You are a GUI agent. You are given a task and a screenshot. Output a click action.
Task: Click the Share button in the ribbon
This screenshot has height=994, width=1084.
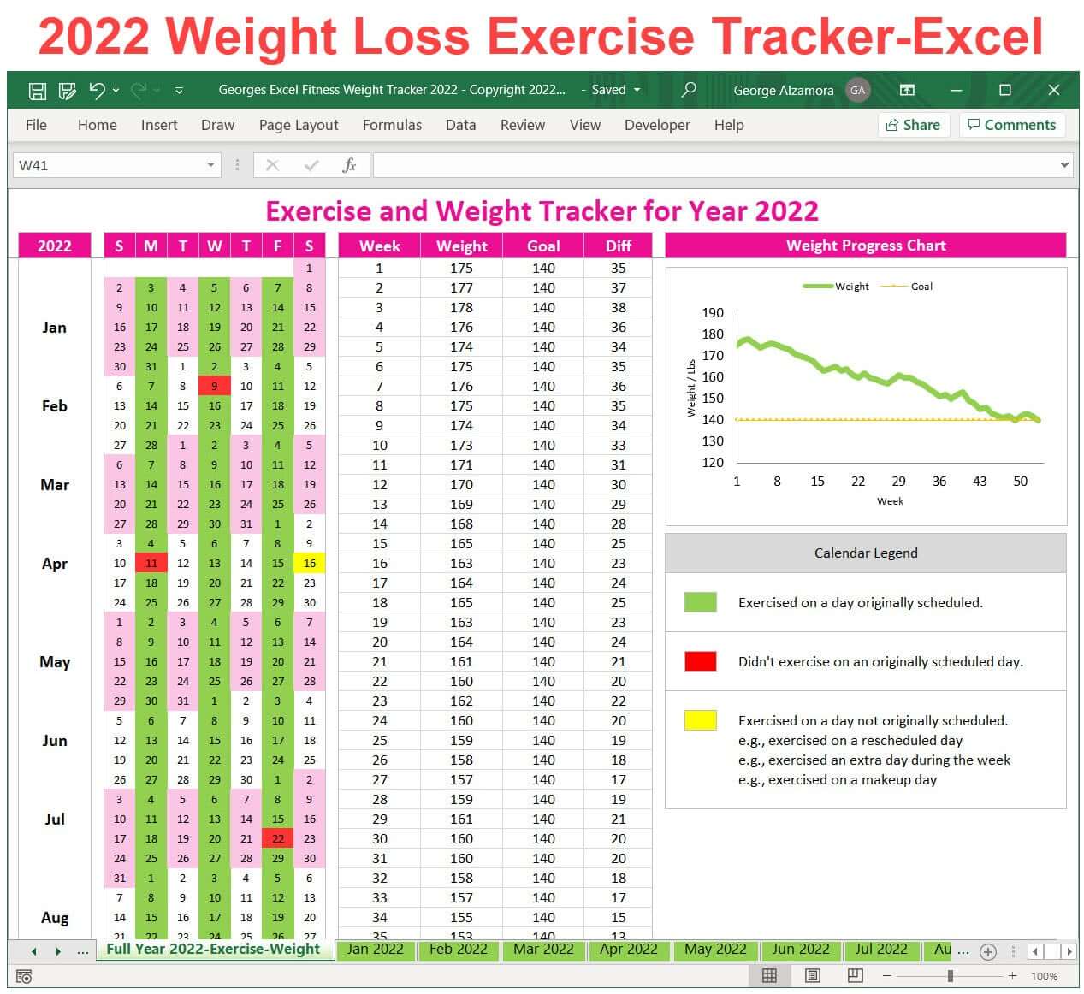click(x=913, y=125)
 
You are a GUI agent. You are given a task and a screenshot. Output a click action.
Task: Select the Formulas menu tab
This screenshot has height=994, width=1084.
click(x=392, y=125)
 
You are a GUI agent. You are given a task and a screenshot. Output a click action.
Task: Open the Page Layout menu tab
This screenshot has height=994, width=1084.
click(x=299, y=125)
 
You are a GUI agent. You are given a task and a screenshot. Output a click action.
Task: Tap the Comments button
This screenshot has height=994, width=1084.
click(x=1011, y=125)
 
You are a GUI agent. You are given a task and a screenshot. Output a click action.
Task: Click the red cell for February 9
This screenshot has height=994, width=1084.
click(x=214, y=386)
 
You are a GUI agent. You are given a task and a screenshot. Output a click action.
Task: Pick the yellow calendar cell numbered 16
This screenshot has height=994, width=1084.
click(x=309, y=563)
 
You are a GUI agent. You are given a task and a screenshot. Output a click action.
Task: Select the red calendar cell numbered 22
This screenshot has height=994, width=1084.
click(x=277, y=838)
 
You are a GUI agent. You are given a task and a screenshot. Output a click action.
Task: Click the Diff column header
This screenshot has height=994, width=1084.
click(x=618, y=246)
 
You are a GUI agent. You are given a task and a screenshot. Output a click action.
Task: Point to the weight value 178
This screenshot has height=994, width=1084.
click(x=461, y=307)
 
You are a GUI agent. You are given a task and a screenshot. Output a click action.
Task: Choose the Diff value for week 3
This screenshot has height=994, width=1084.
click(x=618, y=307)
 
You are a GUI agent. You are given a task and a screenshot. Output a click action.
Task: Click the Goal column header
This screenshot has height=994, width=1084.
click(x=543, y=246)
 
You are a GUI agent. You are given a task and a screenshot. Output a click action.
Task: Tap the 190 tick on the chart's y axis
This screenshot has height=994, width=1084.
click(x=713, y=313)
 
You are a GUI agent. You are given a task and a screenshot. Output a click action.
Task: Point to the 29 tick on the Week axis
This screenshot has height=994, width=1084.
click(x=898, y=482)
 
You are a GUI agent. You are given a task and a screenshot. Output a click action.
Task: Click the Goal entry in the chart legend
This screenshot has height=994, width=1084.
click(x=921, y=287)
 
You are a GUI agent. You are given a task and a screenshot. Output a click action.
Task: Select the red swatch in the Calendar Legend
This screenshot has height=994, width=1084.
click(x=700, y=661)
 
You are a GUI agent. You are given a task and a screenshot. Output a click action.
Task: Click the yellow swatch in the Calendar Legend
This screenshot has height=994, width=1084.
click(x=700, y=720)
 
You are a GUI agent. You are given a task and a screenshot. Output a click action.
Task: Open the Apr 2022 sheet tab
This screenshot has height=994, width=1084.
click(x=628, y=950)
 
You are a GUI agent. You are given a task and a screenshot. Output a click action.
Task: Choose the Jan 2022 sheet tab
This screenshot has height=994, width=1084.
click(x=375, y=950)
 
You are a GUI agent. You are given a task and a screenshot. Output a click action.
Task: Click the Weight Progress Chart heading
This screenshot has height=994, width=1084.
click(x=865, y=246)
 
